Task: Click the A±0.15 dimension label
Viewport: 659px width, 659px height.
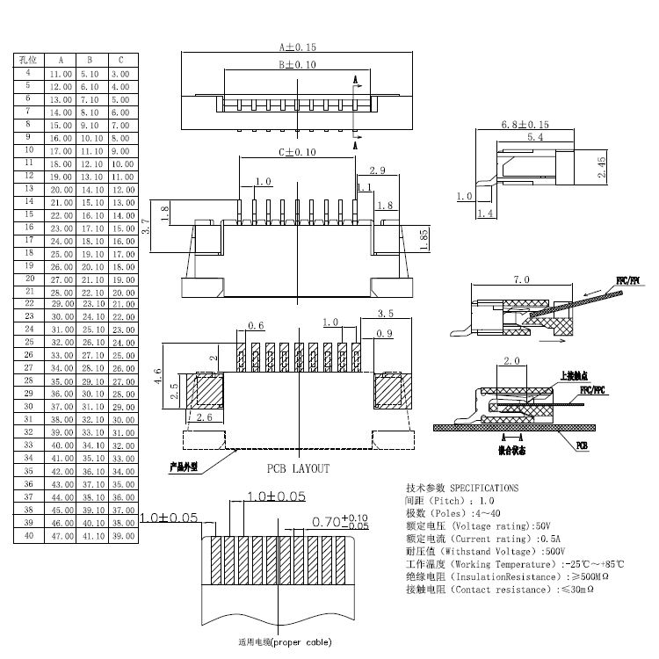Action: tap(297, 47)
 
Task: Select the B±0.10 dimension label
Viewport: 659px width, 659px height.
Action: tap(297, 65)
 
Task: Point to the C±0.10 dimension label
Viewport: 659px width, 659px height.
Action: tap(297, 152)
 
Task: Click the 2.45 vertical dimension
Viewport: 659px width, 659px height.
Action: tap(600, 168)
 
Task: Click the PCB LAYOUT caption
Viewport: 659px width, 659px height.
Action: tap(298, 468)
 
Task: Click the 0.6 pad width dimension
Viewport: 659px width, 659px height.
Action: tap(256, 326)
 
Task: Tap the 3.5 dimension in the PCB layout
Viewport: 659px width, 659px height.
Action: tap(384, 313)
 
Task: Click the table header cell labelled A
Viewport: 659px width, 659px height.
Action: tap(61, 60)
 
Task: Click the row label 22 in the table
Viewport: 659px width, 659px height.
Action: tap(29, 303)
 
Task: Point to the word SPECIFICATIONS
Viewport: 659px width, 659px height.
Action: tap(483, 487)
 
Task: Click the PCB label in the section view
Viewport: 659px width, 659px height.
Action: tap(583, 446)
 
